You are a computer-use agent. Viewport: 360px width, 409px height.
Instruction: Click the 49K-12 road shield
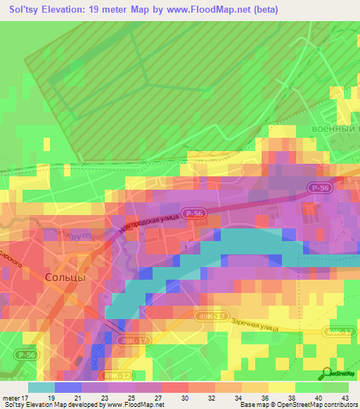(115, 375)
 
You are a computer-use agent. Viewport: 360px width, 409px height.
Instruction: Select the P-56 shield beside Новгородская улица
(194, 212)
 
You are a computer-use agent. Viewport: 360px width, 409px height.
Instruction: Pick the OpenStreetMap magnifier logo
(326, 372)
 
